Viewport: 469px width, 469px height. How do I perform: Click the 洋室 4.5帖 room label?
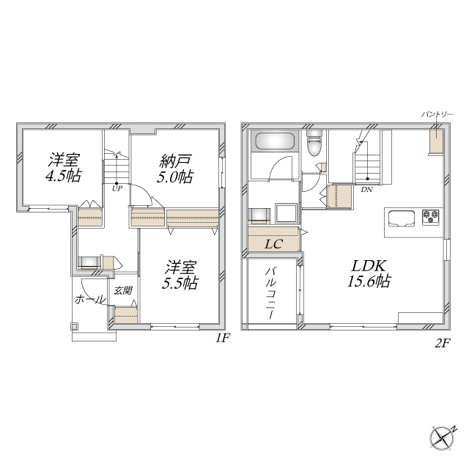click(x=64, y=168)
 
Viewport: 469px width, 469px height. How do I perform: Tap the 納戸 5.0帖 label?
click(x=175, y=169)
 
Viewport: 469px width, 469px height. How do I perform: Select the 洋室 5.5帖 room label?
click(x=180, y=276)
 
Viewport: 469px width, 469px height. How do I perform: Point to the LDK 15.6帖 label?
click(x=369, y=273)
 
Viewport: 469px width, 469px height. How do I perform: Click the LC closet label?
click(x=274, y=244)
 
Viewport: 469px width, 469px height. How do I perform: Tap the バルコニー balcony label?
click(x=272, y=293)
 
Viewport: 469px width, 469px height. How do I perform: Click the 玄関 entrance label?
click(x=123, y=290)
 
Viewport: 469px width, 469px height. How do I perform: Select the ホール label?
click(x=90, y=299)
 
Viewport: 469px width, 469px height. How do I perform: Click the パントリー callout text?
click(x=437, y=114)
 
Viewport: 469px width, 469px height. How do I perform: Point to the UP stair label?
click(x=117, y=189)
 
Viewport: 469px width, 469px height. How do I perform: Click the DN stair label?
click(x=366, y=189)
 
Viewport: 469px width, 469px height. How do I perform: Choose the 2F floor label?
click(x=443, y=344)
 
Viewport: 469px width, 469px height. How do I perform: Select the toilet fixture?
click(x=314, y=143)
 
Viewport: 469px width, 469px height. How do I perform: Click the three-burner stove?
click(x=431, y=217)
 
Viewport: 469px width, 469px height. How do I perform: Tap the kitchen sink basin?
click(x=402, y=219)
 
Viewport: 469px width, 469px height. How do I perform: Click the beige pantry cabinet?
click(x=437, y=141)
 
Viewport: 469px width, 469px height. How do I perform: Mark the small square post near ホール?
click(x=75, y=327)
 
